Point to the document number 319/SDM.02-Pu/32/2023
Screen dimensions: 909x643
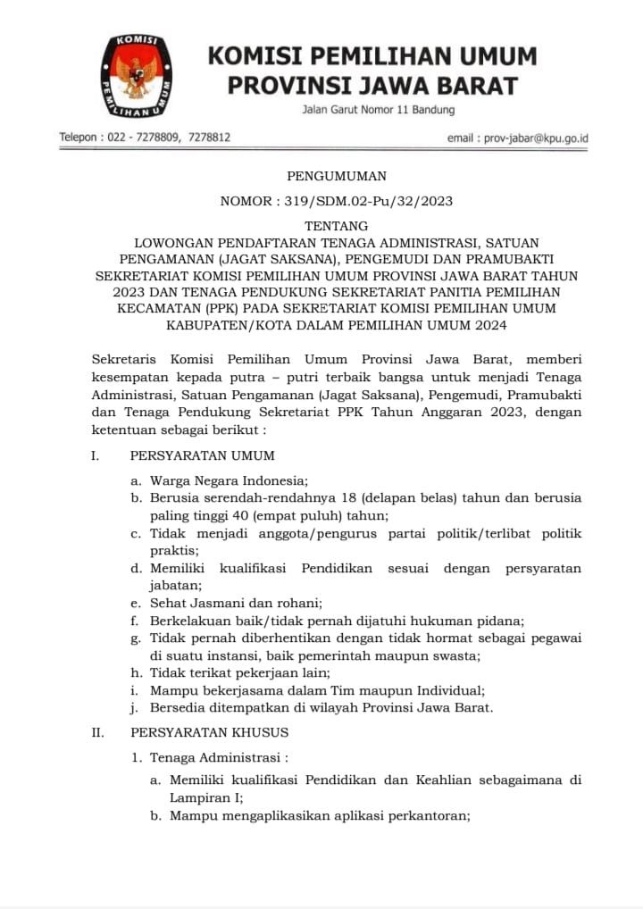[x=369, y=201]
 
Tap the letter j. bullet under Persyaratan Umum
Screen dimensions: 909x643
[x=135, y=708]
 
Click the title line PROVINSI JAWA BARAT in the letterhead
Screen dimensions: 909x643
[x=372, y=86]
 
